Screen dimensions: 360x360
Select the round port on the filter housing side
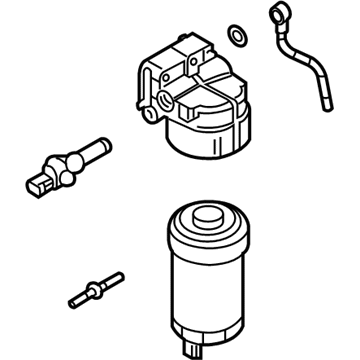click(161, 100)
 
